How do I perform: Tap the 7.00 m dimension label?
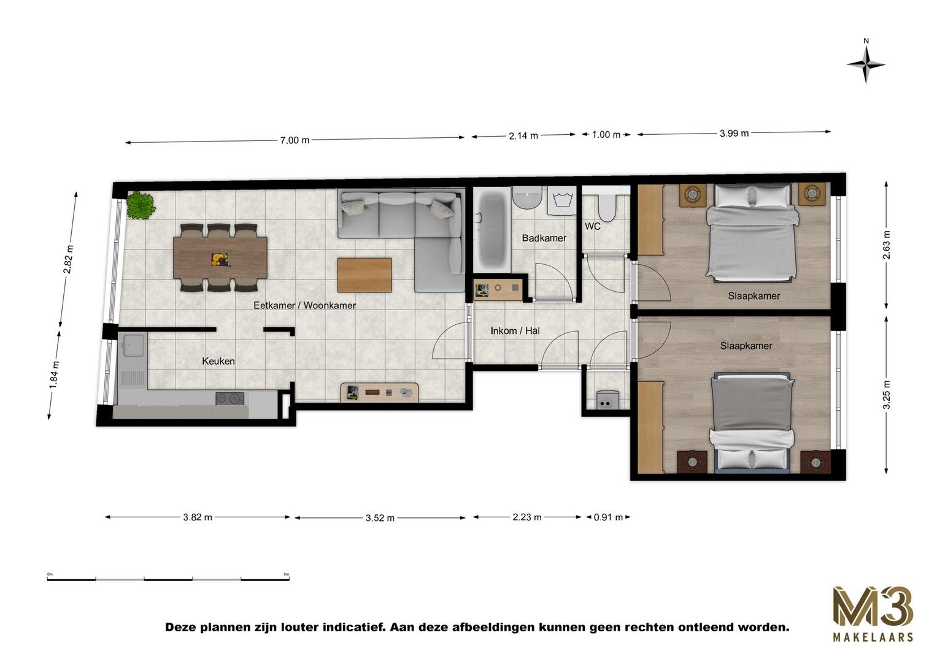click(295, 140)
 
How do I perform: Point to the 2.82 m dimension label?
click(68, 259)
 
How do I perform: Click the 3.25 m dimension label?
click(886, 395)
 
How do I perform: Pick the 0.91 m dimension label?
click(608, 517)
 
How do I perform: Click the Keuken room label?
click(218, 361)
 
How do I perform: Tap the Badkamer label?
click(544, 238)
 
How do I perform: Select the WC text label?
click(592, 226)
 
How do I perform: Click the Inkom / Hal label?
click(515, 331)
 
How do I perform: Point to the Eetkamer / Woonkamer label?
click(304, 305)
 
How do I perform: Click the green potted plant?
click(141, 205)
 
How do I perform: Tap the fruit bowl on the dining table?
click(220, 259)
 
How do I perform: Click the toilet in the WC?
click(606, 207)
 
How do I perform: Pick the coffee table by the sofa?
click(364, 275)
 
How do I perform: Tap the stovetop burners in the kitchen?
click(229, 398)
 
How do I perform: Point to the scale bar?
click(168, 579)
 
